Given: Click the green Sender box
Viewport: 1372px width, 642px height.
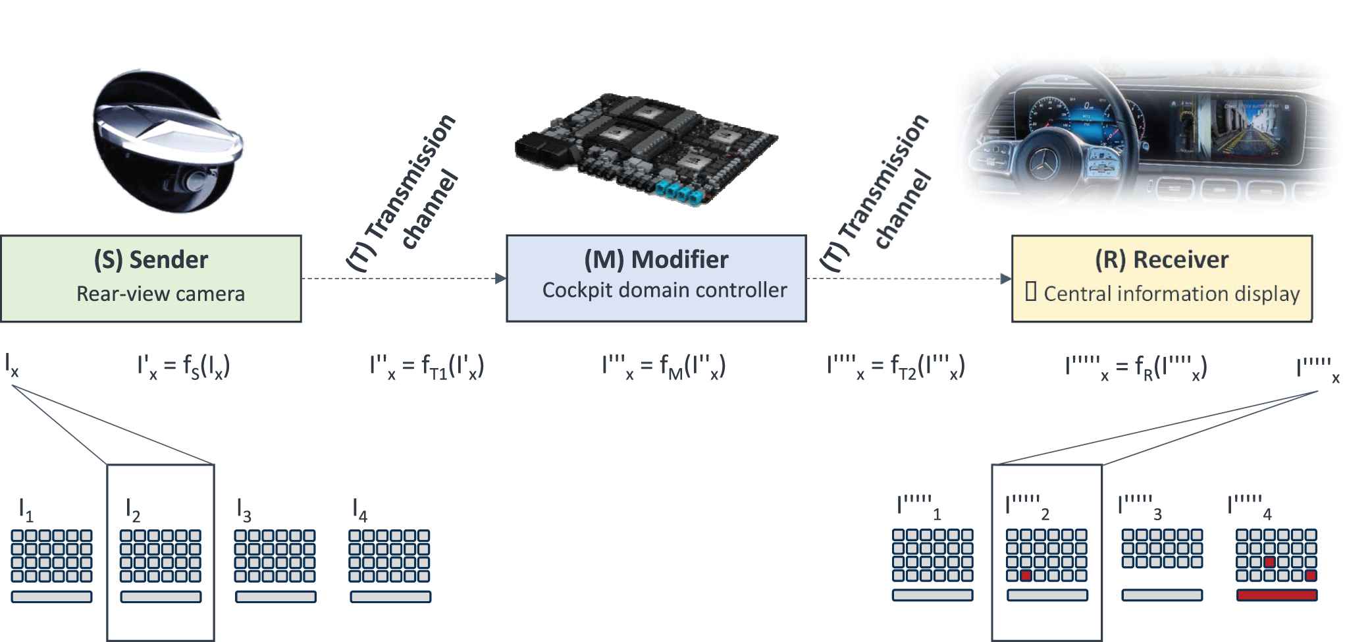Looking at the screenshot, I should pyautogui.click(x=151, y=279).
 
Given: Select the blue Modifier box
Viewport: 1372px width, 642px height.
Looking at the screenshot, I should pyautogui.click(x=656, y=279).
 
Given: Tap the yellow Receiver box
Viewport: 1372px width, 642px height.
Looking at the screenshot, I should pyautogui.click(x=1161, y=279).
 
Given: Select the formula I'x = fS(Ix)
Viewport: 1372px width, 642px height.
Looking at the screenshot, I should pyautogui.click(x=184, y=366).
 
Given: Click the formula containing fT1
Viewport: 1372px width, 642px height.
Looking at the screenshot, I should pyautogui.click(x=427, y=366).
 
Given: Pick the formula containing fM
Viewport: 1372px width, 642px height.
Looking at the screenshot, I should pyautogui.click(x=664, y=366).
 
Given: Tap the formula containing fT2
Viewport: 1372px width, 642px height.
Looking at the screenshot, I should pyautogui.click(x=895, y=366).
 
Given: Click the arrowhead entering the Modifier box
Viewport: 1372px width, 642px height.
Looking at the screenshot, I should pyautogui.click(x=501, y=279).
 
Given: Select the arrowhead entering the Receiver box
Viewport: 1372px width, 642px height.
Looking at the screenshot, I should pyautogui.click(x=1006, y=279).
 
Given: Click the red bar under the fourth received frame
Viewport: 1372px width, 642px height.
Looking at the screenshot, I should pyautogui.click(x=1277, y=595).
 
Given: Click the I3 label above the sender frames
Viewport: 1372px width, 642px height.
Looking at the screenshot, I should pyautogui.click(x=244, y=510).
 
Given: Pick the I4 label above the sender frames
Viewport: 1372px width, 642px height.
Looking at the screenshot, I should pyautogui.click(x=359, y=510).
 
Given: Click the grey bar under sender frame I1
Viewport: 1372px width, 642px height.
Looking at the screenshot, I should pyautogui.click(x=51, y=597).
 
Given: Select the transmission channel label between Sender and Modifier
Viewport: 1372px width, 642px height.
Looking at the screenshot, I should pyautogui.click(x=403, y=191).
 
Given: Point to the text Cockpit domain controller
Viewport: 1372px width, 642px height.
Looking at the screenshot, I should pyautogui.click(x=664, y=290).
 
